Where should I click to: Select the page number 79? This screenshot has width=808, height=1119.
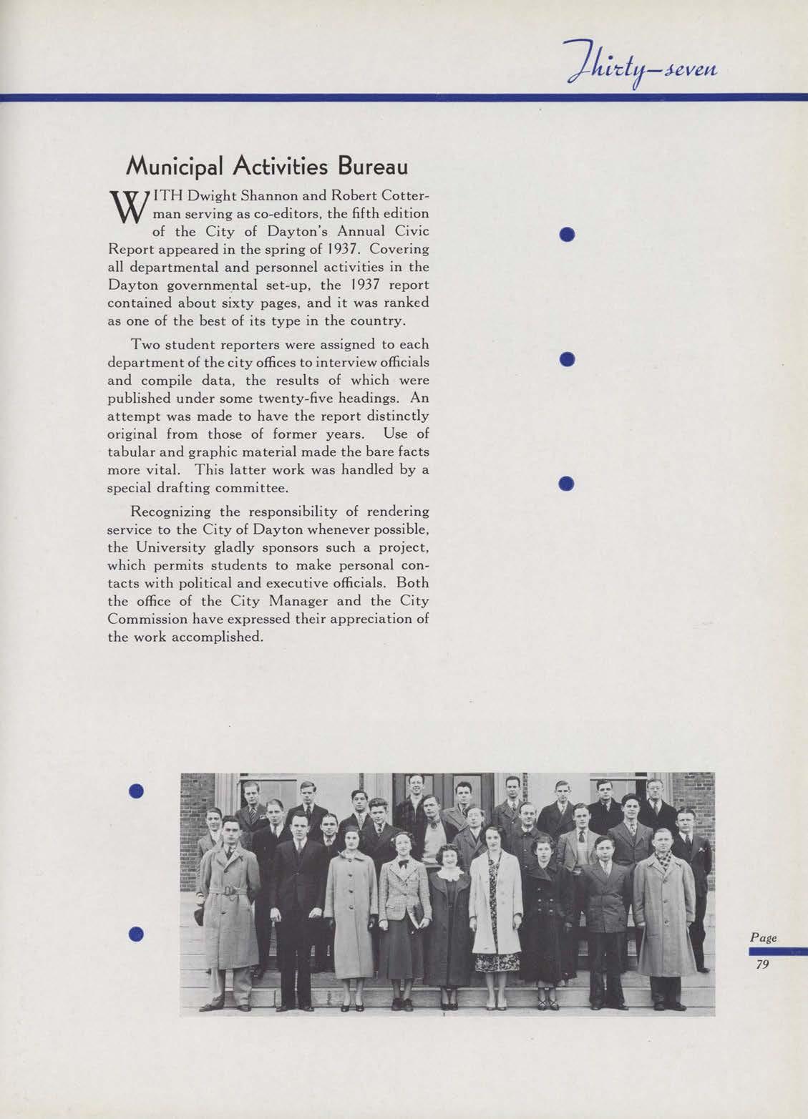(761, 965)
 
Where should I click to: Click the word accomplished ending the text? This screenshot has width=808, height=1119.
(212, 637)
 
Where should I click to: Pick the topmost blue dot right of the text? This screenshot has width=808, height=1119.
(568, 234)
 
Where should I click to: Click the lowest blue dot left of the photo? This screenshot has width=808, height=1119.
(137, 933)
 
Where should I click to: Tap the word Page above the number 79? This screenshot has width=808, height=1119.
(763, 937)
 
